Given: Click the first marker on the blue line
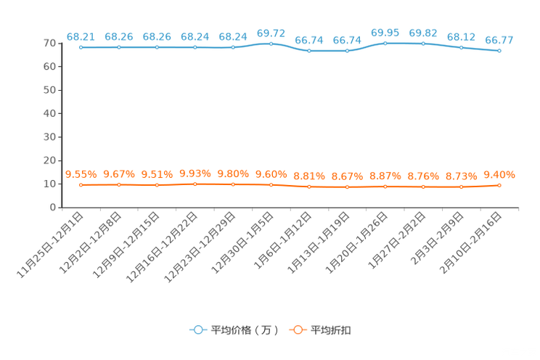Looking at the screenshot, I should [81, 47].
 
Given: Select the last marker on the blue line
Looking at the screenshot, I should [499, 51].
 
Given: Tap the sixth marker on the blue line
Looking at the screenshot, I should [271, 44].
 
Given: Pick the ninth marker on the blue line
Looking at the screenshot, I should [385, 44].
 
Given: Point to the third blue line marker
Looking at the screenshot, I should [157, 47].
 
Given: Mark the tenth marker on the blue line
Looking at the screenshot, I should [423, 44].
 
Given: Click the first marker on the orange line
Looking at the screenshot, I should [81, 185].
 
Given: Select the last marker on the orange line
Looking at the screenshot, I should [499, 186].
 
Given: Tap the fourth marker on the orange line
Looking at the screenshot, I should [195, 184].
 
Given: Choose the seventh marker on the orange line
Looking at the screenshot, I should [309, 187].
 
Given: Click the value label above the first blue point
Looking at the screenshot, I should [81, 36].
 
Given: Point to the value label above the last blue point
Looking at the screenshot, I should [499, 39].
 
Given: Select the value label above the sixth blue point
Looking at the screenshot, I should [271, 33].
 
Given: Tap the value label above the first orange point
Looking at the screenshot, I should [81, 173].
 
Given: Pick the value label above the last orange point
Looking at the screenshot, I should [499, 174].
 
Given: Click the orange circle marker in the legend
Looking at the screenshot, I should [298, 330].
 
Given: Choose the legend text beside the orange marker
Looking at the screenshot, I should [332, 330].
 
